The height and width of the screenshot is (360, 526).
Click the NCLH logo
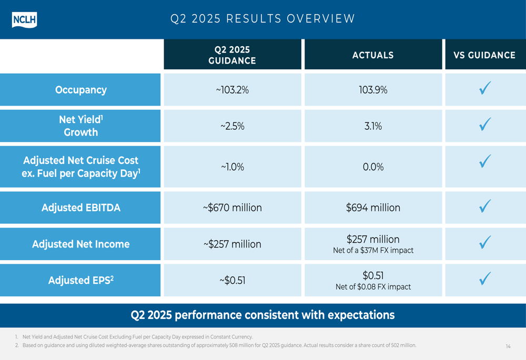coord(24,19)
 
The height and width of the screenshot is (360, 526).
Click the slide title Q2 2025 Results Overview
coord(263,19)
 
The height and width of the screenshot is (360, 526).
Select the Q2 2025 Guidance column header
coord(232,55)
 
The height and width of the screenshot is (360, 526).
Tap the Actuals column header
coord(372,55)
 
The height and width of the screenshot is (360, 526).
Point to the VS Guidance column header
coord(484,55)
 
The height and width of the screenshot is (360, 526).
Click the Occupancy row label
coord(80,90)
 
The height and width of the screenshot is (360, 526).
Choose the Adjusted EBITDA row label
coord(80,208)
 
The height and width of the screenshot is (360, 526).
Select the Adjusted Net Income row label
coord(80,244)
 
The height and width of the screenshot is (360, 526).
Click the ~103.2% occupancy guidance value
coord(232,90)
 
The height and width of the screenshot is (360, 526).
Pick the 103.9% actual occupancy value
coord(373,90)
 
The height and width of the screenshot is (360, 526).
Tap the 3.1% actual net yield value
coord(373,126)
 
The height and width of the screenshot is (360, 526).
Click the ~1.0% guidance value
coord(232,167)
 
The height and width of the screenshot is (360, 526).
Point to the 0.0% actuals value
coord(373,167)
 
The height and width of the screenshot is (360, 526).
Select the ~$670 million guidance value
coord(232,208)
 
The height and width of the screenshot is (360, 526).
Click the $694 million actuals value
coord(373,208)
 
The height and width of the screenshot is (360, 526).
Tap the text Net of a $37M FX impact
coord(373,251)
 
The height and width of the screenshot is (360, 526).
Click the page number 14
coord(508,346)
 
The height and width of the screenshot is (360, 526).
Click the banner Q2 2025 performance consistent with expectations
coord(262,315)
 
